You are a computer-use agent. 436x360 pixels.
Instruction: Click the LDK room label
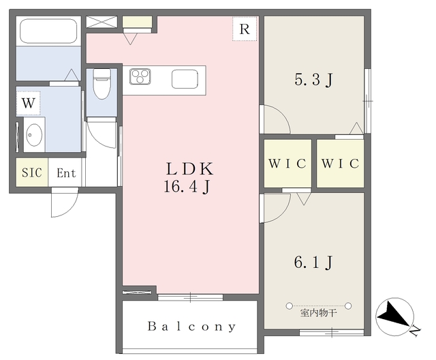[191, 168]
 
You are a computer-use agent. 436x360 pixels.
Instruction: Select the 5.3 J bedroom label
[313, 80]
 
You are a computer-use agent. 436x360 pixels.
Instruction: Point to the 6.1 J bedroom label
[314, 261]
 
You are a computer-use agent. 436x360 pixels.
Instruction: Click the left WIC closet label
[287, 164]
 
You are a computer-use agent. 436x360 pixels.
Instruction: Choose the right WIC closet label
[340, 164]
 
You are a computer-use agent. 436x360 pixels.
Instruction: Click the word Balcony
[192, 327]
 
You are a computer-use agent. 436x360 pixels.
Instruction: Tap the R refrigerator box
[244, 29]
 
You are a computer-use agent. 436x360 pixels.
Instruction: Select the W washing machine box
[28, 104]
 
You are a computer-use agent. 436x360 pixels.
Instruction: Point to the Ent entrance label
[66, 173]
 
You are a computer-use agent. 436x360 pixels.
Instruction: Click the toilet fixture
[102, 85]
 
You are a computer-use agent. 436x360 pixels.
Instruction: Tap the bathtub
[47, 31]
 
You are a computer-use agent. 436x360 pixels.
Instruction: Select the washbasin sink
[33, 137]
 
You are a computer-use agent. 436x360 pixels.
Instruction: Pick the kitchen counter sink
[185, 78]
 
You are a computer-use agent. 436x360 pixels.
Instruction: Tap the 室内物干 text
[318, 313]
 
